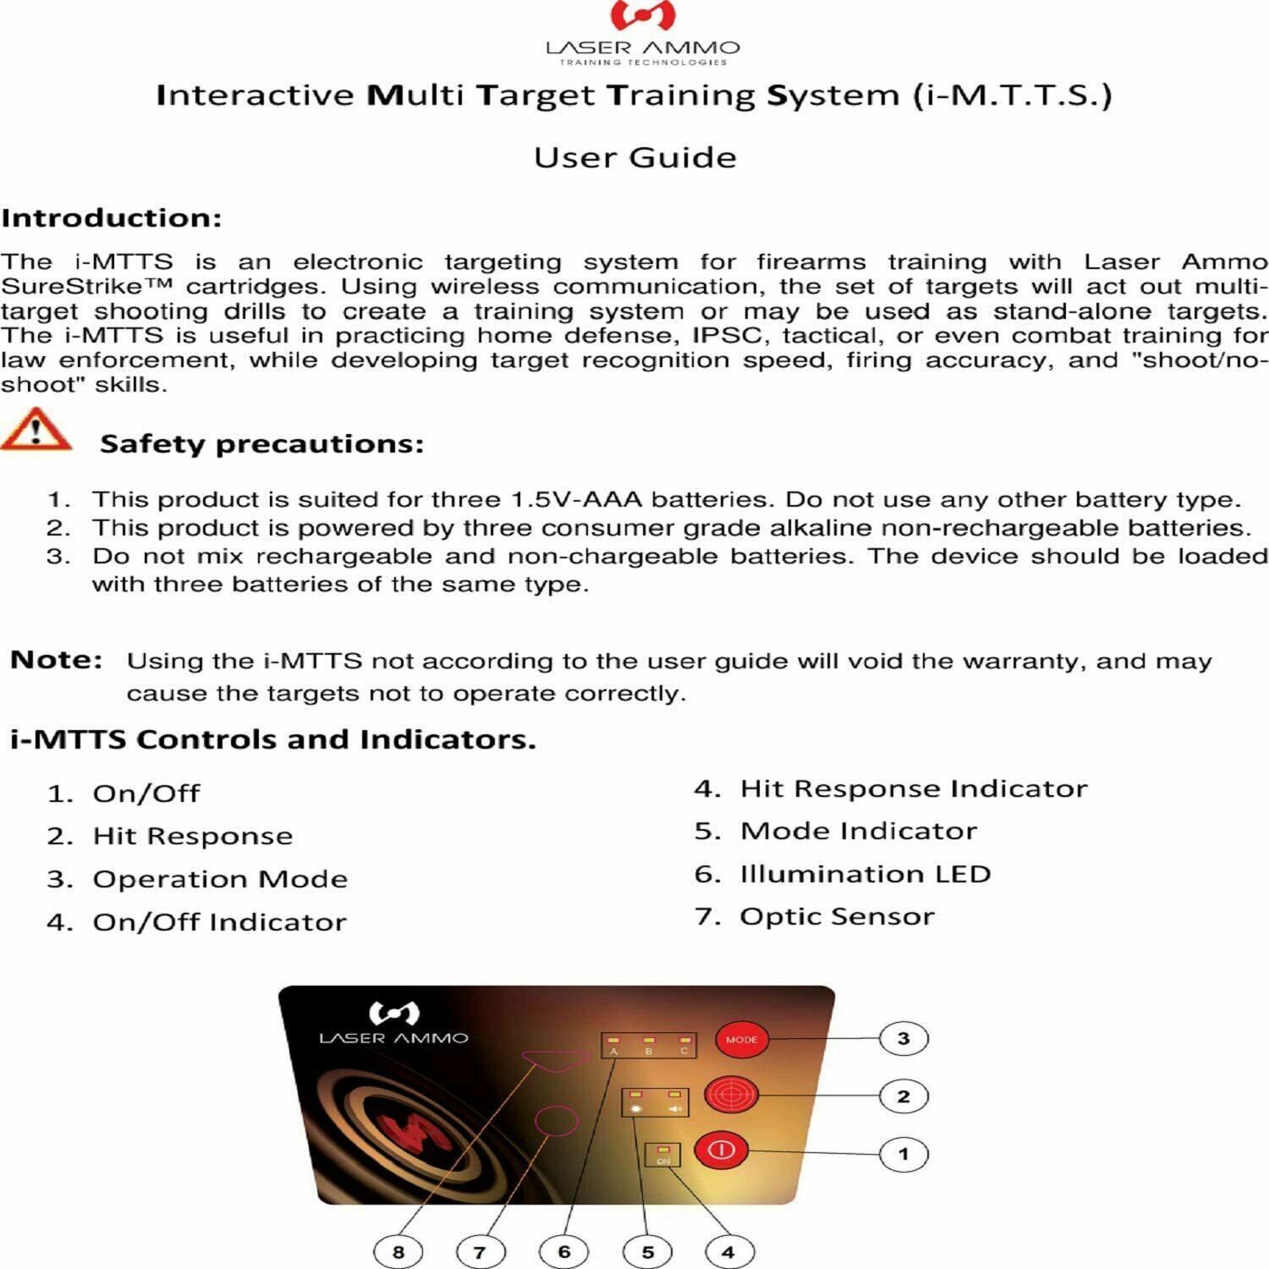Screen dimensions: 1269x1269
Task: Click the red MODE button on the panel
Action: point(741,1039)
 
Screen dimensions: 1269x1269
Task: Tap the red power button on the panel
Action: point(721,1150)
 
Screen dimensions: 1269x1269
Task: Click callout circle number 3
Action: point(904,1038)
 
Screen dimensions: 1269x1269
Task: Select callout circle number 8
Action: point(398,1251)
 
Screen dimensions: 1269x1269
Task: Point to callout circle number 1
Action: point(904,1154)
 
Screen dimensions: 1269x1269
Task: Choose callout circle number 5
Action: point(647,1251)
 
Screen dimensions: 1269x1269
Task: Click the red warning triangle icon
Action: point(36,430)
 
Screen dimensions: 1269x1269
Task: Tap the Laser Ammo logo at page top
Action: point(642,34)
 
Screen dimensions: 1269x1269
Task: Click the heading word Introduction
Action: point(111,217)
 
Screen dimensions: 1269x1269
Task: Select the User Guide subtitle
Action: point(634,157)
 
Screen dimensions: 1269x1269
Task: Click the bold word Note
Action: point(56,659)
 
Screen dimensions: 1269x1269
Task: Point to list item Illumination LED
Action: point(865,873)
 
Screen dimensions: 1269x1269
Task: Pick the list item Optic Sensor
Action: point(837,916)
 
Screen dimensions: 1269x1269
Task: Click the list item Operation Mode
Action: point(220,879)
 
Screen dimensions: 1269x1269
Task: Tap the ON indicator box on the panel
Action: point(662,1155)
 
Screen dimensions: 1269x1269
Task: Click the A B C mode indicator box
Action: point(649,1045)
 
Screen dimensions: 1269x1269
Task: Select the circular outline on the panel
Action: point(557,1120)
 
